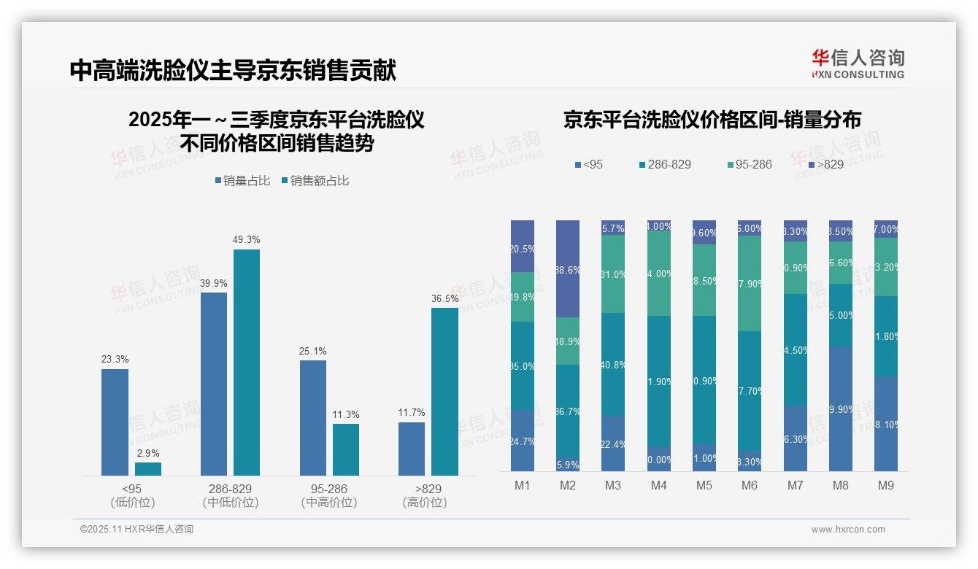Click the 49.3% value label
point(247,239)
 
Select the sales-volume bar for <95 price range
point(115,422)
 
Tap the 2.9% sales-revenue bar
point(148,469)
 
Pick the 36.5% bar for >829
point(444,392)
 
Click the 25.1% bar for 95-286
point(313,418)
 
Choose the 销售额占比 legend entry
point(315,180)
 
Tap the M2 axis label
point(567,485)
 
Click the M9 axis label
point(885,485)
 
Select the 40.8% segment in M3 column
point(613,364)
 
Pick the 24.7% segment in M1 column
point(523,441)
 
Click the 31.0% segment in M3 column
point(613,274)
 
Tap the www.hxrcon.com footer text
point(848,530)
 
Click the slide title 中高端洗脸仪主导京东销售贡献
point(233,71)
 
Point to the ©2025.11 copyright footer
point(136,530)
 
